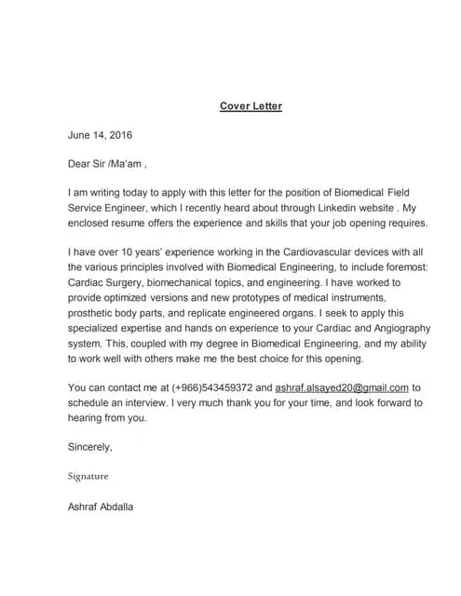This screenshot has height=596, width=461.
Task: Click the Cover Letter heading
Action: coord(251,106)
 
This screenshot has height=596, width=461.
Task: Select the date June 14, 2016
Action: coord(99,135)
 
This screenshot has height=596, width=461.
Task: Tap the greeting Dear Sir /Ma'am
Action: coord(105,165)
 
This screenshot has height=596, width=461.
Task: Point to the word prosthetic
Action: coord(94,313)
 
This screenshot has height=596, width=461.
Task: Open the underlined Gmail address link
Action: coord(343,387)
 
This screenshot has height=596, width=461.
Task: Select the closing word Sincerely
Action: coord(90,447)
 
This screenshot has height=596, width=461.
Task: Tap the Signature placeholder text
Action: coord(88,476)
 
